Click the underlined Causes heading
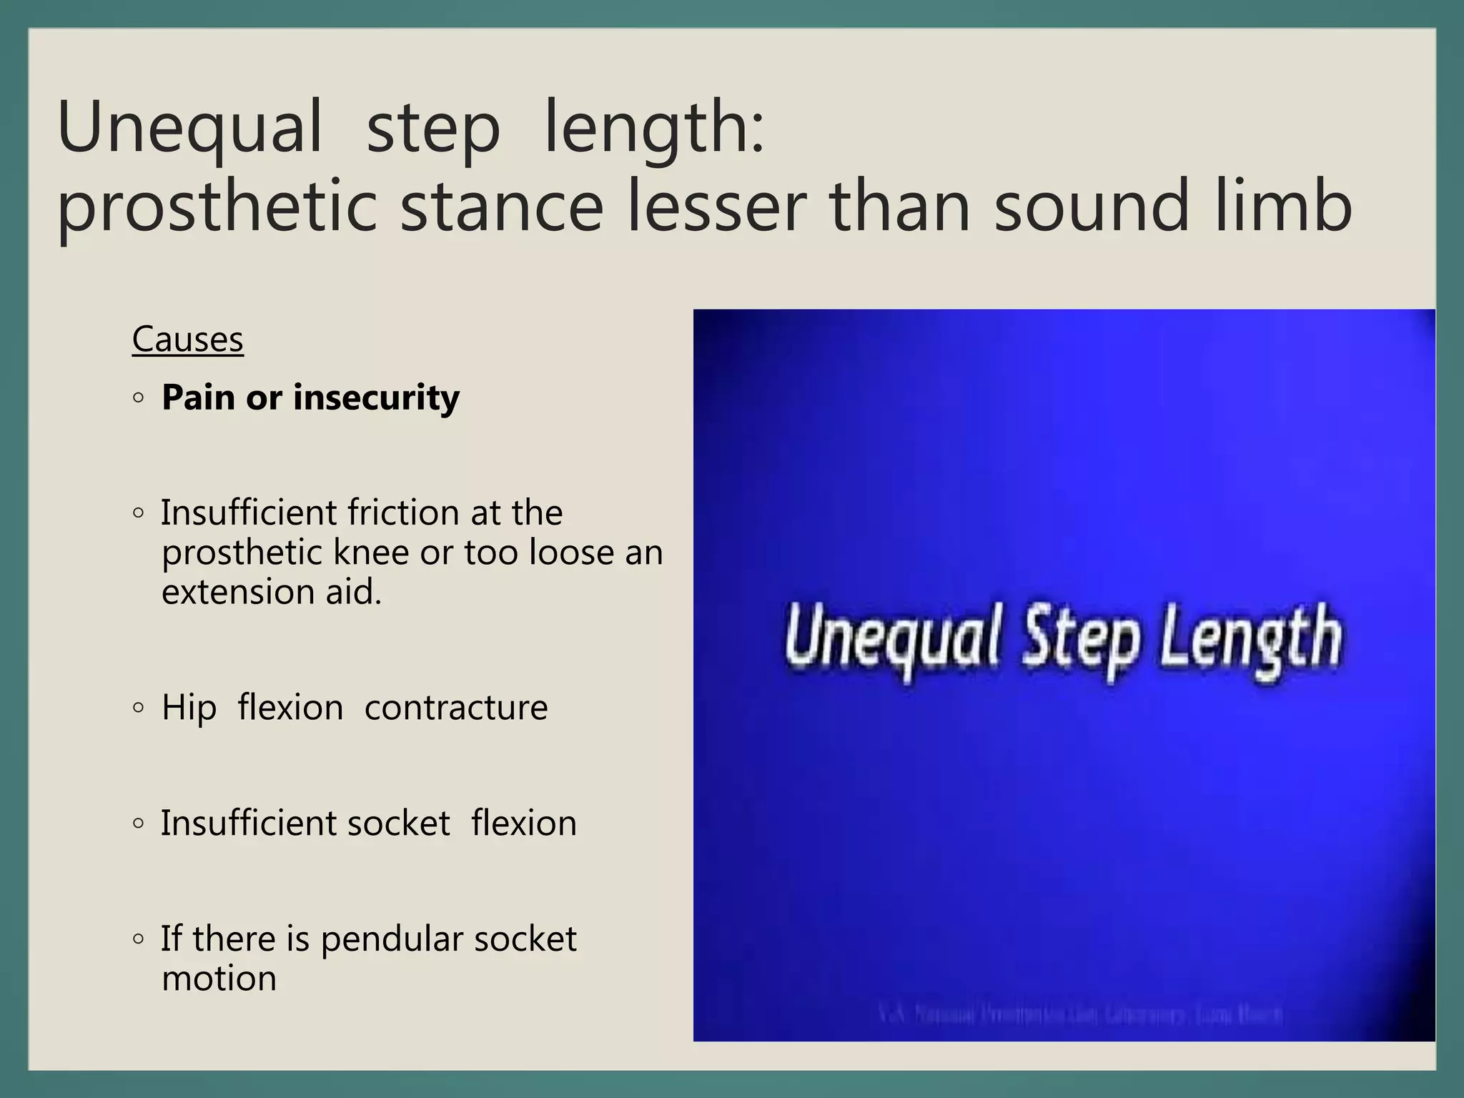188,340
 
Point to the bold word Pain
198,397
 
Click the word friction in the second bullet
404,513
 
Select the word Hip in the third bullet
189,708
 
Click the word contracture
456,708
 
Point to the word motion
219,979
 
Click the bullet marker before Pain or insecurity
139,397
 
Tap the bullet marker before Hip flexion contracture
139,708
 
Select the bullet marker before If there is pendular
139,939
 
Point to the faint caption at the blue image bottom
1080,1014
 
